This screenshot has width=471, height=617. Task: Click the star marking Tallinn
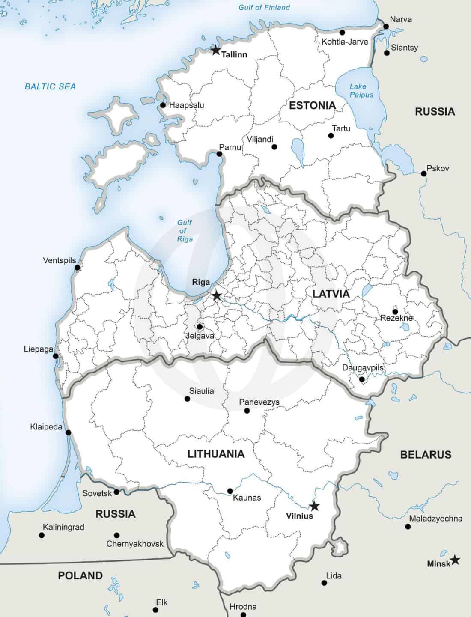tap(216, 51)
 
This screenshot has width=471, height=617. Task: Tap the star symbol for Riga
tap(217, 295)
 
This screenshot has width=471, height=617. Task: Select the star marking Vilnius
tap(314, 506)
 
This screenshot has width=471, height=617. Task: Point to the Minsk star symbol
tap(455, 560)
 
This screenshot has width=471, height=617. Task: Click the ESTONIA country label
tap(312, 105)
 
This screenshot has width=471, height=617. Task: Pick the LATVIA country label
tap(331, 294)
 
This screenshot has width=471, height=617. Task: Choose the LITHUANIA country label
tap(216, 454)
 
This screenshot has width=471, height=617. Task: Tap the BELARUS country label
tap(425, 454)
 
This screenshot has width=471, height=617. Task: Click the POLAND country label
tap(80, 575)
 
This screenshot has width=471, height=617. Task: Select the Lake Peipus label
tap(361, 91)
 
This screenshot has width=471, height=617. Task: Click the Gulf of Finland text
tap(264, 7)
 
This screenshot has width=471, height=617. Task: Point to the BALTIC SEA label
tap(50, 86)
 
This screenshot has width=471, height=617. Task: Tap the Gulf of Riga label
tap(185, 231)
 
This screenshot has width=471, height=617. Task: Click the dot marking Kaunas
tap(230, 491)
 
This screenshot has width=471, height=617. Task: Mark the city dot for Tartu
tap(331, 136)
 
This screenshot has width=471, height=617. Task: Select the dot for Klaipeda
tap(68, 433)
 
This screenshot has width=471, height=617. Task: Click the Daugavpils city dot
tap(362, 379)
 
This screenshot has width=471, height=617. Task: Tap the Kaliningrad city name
tap(63, 527)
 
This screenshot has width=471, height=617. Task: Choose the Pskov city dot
tap(423, 173)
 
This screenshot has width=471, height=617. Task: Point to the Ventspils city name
tap(59, 260)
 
